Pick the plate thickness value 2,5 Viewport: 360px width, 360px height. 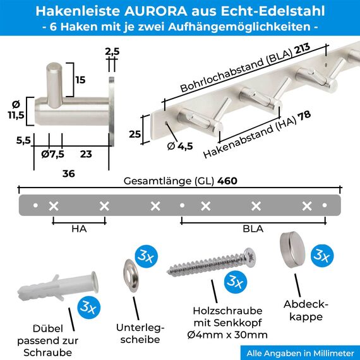point(112,51)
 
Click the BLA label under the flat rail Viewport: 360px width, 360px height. point(253,230)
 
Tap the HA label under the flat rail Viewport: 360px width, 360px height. point(79,230)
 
